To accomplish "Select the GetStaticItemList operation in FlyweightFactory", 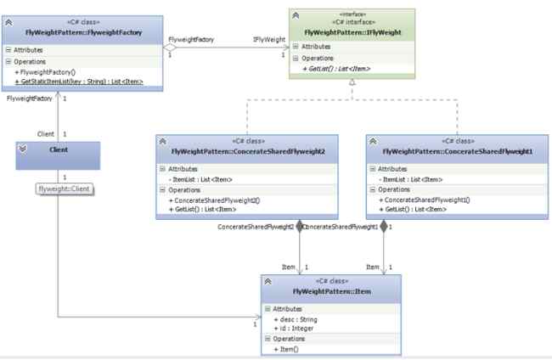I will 78,82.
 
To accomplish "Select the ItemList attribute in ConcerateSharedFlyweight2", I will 200,179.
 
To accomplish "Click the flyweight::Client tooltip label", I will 65,188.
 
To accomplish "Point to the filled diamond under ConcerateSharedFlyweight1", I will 384,226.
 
